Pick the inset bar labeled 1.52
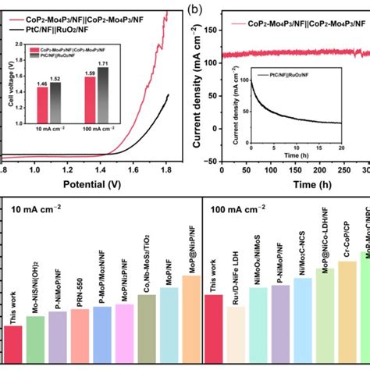tap(55, 97)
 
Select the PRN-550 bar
tap(80, 336)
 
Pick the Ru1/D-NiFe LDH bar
tap(235, 335)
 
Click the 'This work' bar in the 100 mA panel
tap(212, 329)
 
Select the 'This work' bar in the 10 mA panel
tap(12, 344)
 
